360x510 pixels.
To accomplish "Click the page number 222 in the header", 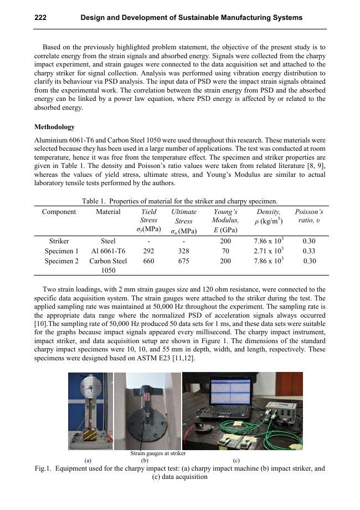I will coord(40,18).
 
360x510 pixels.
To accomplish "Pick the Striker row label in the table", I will coord(59,241).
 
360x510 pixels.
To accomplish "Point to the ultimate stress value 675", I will coord(183,261).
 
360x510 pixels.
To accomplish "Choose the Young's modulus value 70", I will coord(225,251).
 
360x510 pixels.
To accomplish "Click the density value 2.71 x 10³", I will coord(269,251).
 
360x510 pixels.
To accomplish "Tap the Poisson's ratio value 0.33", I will coord(309,251).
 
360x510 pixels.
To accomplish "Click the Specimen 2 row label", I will coord(61,261).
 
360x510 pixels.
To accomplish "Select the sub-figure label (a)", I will coord(88,460).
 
